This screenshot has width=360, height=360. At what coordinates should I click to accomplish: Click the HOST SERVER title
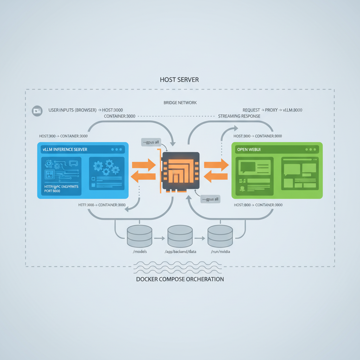click(179, 80)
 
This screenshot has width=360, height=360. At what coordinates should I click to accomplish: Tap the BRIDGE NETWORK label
click(180, 103)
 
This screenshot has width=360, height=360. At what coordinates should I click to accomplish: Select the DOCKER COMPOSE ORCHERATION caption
click(180, 279)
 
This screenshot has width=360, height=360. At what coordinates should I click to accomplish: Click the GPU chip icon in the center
click(180, 171)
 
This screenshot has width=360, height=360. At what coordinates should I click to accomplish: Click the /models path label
click(140, 252)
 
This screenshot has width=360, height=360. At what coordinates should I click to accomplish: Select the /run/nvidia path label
click(220, 252)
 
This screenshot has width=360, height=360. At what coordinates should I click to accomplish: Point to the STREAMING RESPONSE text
click(239, 116)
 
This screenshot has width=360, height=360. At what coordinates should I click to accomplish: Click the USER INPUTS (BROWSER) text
click(72, 110)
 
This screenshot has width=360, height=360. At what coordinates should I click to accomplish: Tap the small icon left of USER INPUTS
click(37, 110)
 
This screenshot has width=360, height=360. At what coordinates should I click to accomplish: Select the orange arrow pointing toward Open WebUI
click(216, 165)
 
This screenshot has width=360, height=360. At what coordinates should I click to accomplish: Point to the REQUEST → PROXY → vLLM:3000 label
click(272, 110)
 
